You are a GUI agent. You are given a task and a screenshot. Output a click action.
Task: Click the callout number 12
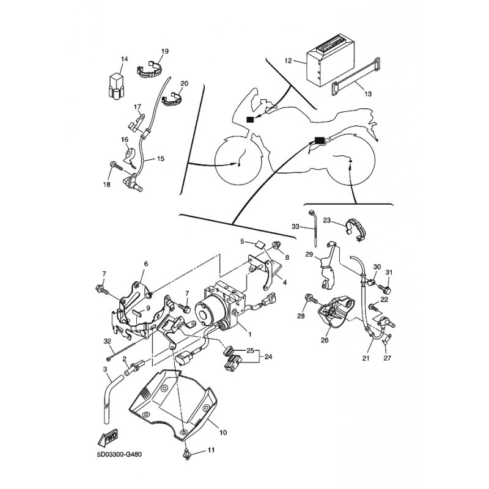coord(288,61)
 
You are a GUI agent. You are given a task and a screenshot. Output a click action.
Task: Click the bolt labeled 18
coord(114,165)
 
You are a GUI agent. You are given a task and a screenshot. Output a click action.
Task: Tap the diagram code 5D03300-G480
coord(121,455)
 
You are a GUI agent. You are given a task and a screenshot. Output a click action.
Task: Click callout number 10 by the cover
coord(222,433)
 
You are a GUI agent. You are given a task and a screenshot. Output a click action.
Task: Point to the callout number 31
coord(389,273)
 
